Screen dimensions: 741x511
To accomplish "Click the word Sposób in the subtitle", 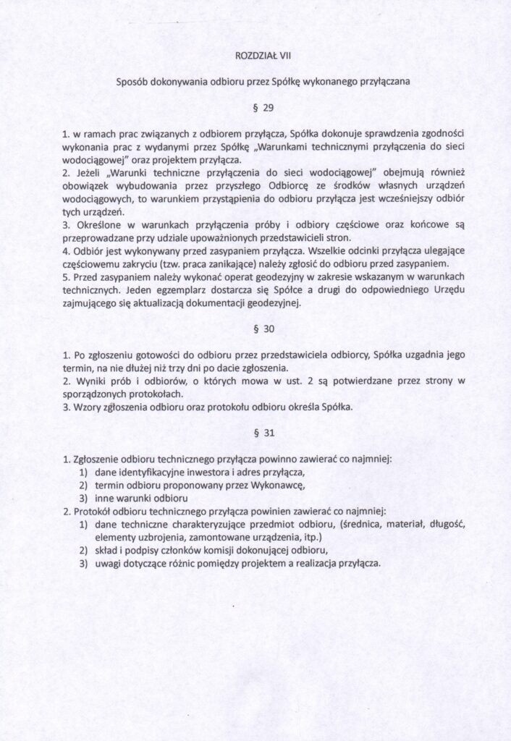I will click(131, 82).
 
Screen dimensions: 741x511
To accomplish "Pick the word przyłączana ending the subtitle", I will click(384, 82).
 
